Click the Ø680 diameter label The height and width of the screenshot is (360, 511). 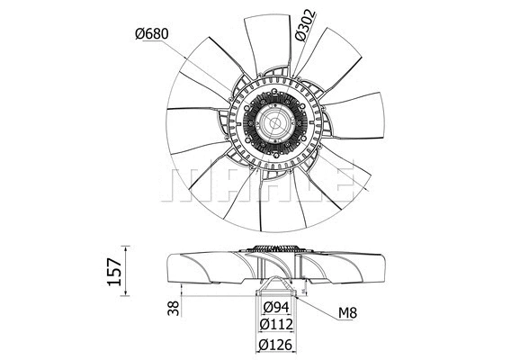tap(153, 33)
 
